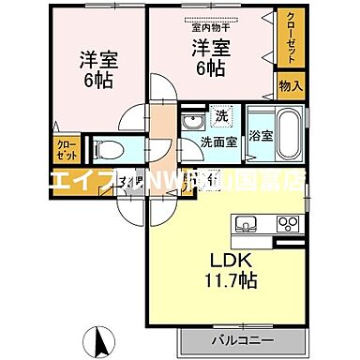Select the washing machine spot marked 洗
click(218, 117)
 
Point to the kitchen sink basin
click(247, 223)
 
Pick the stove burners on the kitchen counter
click(287, 223)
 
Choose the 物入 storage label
click(290, 85)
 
